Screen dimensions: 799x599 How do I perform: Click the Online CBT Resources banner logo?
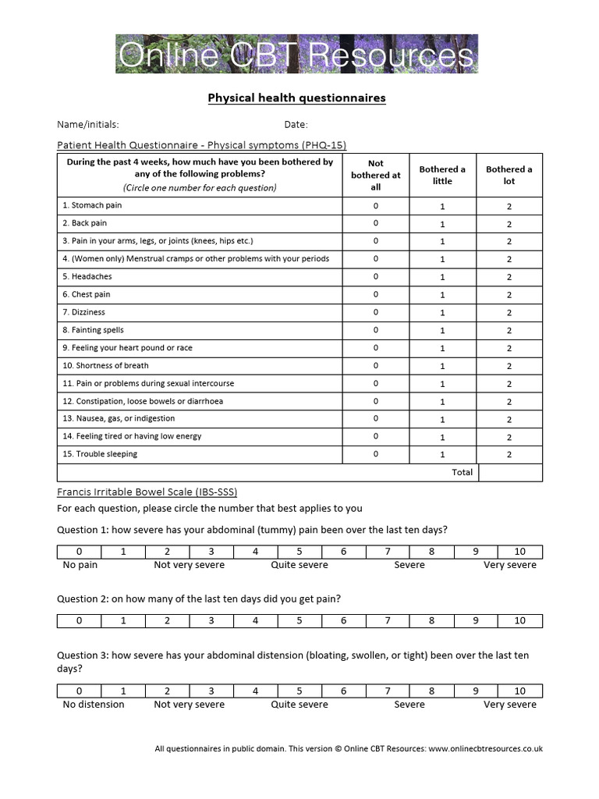[x=296, y=54]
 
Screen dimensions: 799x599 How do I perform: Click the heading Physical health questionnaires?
[x=296, y=98]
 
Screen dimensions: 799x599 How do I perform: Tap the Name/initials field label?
[x=88, y=124]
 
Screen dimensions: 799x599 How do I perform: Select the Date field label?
[x=296, y=124]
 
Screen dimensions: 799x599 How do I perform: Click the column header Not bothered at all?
[x=375, y=175]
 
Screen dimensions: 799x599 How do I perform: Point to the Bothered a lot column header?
[x=509, y=175]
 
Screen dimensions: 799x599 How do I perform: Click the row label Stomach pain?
[x=92, y=205]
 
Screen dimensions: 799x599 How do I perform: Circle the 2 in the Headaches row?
[x=509, y=277]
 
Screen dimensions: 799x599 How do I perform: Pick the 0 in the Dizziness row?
[x=375, y=312]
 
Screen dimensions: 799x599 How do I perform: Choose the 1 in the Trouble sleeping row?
[x=442, y=454]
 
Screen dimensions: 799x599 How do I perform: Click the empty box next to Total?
[x=510, y=472]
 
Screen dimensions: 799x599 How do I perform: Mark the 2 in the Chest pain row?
[x=509, y=295]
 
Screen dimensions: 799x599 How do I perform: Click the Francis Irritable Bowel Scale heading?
[x=147, y=492]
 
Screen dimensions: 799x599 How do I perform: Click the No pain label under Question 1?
[x=80, y=565]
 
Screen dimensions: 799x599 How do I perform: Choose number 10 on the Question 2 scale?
[x=520, y=621]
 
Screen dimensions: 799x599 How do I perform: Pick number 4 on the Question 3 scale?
[x=256, y=691]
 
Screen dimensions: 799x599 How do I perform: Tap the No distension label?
[x=94, y=704]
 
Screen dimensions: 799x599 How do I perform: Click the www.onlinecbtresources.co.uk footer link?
[x=485, y=749]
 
